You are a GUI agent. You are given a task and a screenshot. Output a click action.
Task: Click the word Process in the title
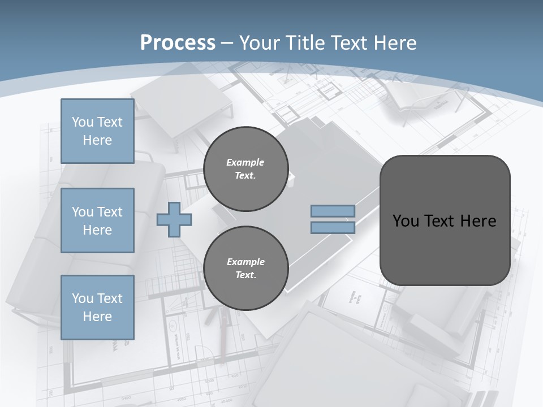pos(178,42)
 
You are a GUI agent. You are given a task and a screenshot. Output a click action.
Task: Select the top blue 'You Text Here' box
pos(97,131)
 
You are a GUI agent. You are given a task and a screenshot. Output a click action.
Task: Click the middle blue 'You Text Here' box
pos(97,220)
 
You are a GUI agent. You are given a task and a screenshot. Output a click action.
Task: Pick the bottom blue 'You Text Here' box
pos(97,308)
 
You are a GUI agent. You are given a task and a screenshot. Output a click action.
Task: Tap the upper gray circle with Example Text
pos(245,169)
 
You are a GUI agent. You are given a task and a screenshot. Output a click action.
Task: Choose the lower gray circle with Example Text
pos(245,269)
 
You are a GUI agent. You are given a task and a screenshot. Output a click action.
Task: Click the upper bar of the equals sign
pos(333,211)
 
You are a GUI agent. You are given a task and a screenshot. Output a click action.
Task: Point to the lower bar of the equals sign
pos(333,228)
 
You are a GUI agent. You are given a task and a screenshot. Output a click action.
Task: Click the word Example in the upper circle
pos(245,162)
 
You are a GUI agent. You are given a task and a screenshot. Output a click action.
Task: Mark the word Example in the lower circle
pos(245,262)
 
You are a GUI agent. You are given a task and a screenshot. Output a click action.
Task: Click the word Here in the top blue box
pos(97,140)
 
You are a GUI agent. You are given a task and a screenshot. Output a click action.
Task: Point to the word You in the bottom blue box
pos(83,298)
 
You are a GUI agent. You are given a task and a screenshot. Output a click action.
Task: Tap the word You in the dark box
pos(406,221)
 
